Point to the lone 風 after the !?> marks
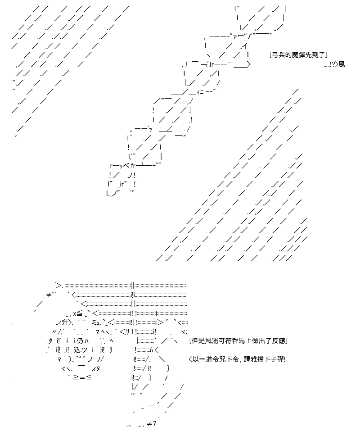(342, 64)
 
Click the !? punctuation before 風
(333, 64)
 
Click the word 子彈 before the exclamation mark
(277, 359)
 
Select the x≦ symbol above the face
(78, 313)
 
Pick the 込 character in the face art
(77, 350)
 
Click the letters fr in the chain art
(133, 166)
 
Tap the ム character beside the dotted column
(151, 350)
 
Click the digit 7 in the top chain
(249, 36)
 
